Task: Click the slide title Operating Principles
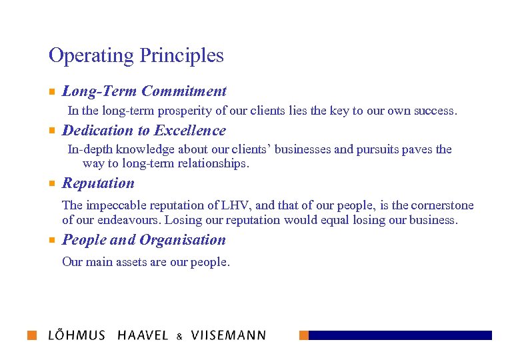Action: (x=136, y=55)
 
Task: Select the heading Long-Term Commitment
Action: (x=144, y=91)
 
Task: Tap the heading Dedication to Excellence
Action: (x=143, y=131)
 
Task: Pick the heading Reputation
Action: (x=98, y=183)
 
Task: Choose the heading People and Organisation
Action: (x=143, y=240)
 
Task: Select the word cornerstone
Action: (x=443, y=205)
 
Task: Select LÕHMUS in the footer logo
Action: (x=77, y=335)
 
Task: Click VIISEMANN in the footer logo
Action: (x=228, y=335)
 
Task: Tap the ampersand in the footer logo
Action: (x=179, y=337)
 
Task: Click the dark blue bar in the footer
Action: (x=400, y=335)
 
